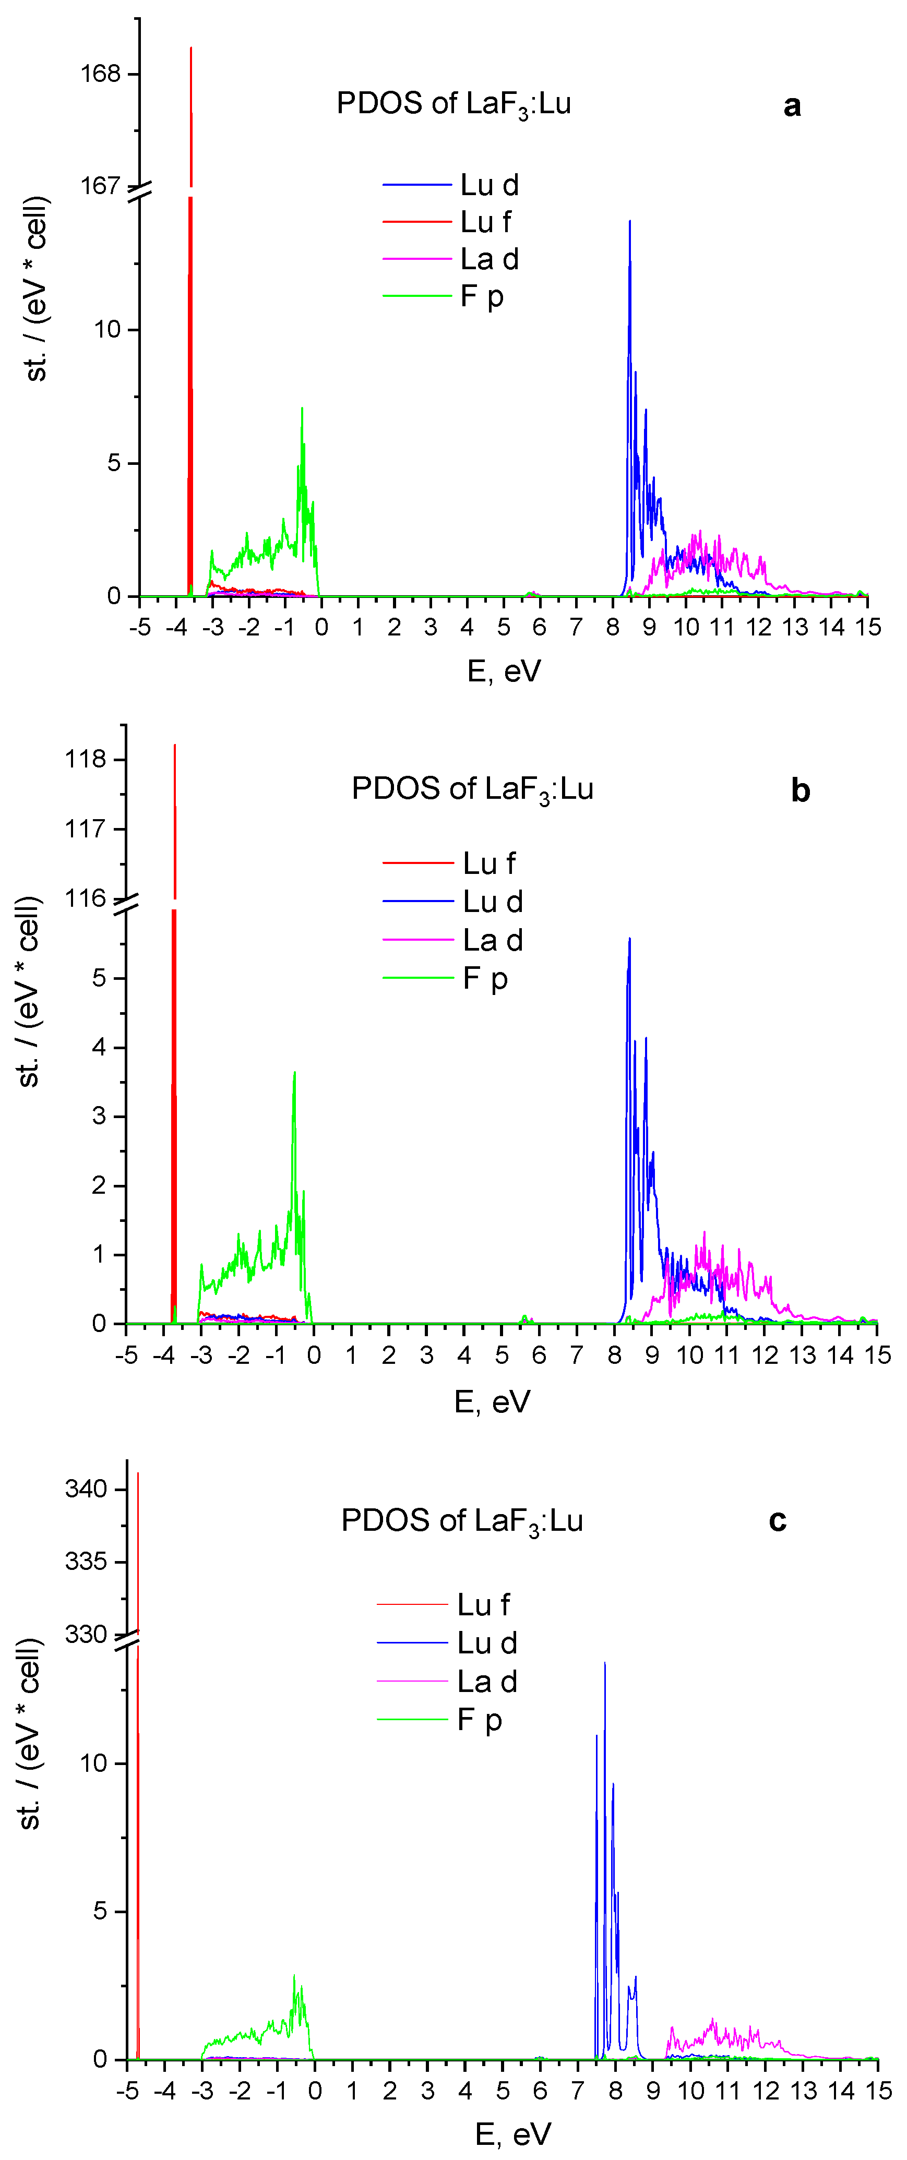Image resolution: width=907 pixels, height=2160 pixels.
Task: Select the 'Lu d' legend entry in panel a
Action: pyautogui.click(x=488, y=185)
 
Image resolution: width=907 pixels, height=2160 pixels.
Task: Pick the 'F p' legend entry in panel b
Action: pyautogui.click(x=485, y=979)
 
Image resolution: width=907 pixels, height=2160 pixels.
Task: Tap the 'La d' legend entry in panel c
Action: pyautogui.click(x=487, y=1681)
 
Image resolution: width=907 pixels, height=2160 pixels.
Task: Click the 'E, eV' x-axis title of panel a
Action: pyautogui.click(x=504, y=671)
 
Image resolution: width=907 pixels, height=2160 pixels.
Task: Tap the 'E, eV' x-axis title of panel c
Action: pyautogui.click(x=512, y=2134)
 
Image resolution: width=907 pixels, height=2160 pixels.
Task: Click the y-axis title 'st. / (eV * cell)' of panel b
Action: pyautogui.click(x=29, y=991)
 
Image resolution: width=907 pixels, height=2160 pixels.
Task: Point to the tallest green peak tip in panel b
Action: pyautogui.click(x=294, y=1073)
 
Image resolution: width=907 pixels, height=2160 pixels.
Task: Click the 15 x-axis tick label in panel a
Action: pyautogui.click(x=867, y=627)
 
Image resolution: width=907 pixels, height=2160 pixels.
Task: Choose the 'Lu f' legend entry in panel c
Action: pyautogui.click(x=483, y=1604)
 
